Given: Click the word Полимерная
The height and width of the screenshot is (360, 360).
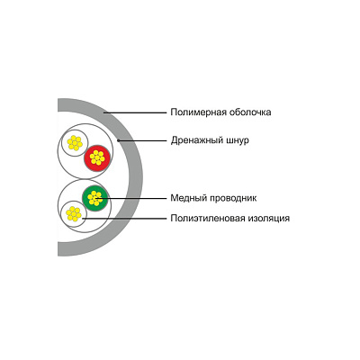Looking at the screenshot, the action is point(199,112).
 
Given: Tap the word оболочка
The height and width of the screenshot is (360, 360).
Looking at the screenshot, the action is point(250,112).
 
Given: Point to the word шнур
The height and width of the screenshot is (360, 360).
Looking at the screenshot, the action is point(237,140).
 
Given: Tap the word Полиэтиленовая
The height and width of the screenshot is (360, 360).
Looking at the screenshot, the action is point(208,218).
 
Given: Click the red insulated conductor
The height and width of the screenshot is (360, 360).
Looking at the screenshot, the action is point(97,158).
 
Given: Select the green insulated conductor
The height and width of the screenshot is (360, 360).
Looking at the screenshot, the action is point(95,198).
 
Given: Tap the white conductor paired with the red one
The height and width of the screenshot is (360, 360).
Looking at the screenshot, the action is point(75,143).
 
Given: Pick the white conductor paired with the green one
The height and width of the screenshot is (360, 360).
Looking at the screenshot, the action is point(74,214).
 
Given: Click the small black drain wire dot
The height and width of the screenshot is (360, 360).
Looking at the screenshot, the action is point(119,140).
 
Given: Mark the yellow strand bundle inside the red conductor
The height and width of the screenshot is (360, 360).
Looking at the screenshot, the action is point(97,157).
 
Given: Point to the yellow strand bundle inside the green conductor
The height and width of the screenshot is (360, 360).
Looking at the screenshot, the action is point(95,198).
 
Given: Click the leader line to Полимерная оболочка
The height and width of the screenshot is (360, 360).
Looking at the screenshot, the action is point(135,112).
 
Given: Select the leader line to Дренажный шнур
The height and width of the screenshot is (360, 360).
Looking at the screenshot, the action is point(142,140).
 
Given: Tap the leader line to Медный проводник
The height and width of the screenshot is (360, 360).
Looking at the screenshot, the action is point(130,198).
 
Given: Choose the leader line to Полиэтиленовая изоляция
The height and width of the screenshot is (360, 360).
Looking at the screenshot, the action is point(124,219).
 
